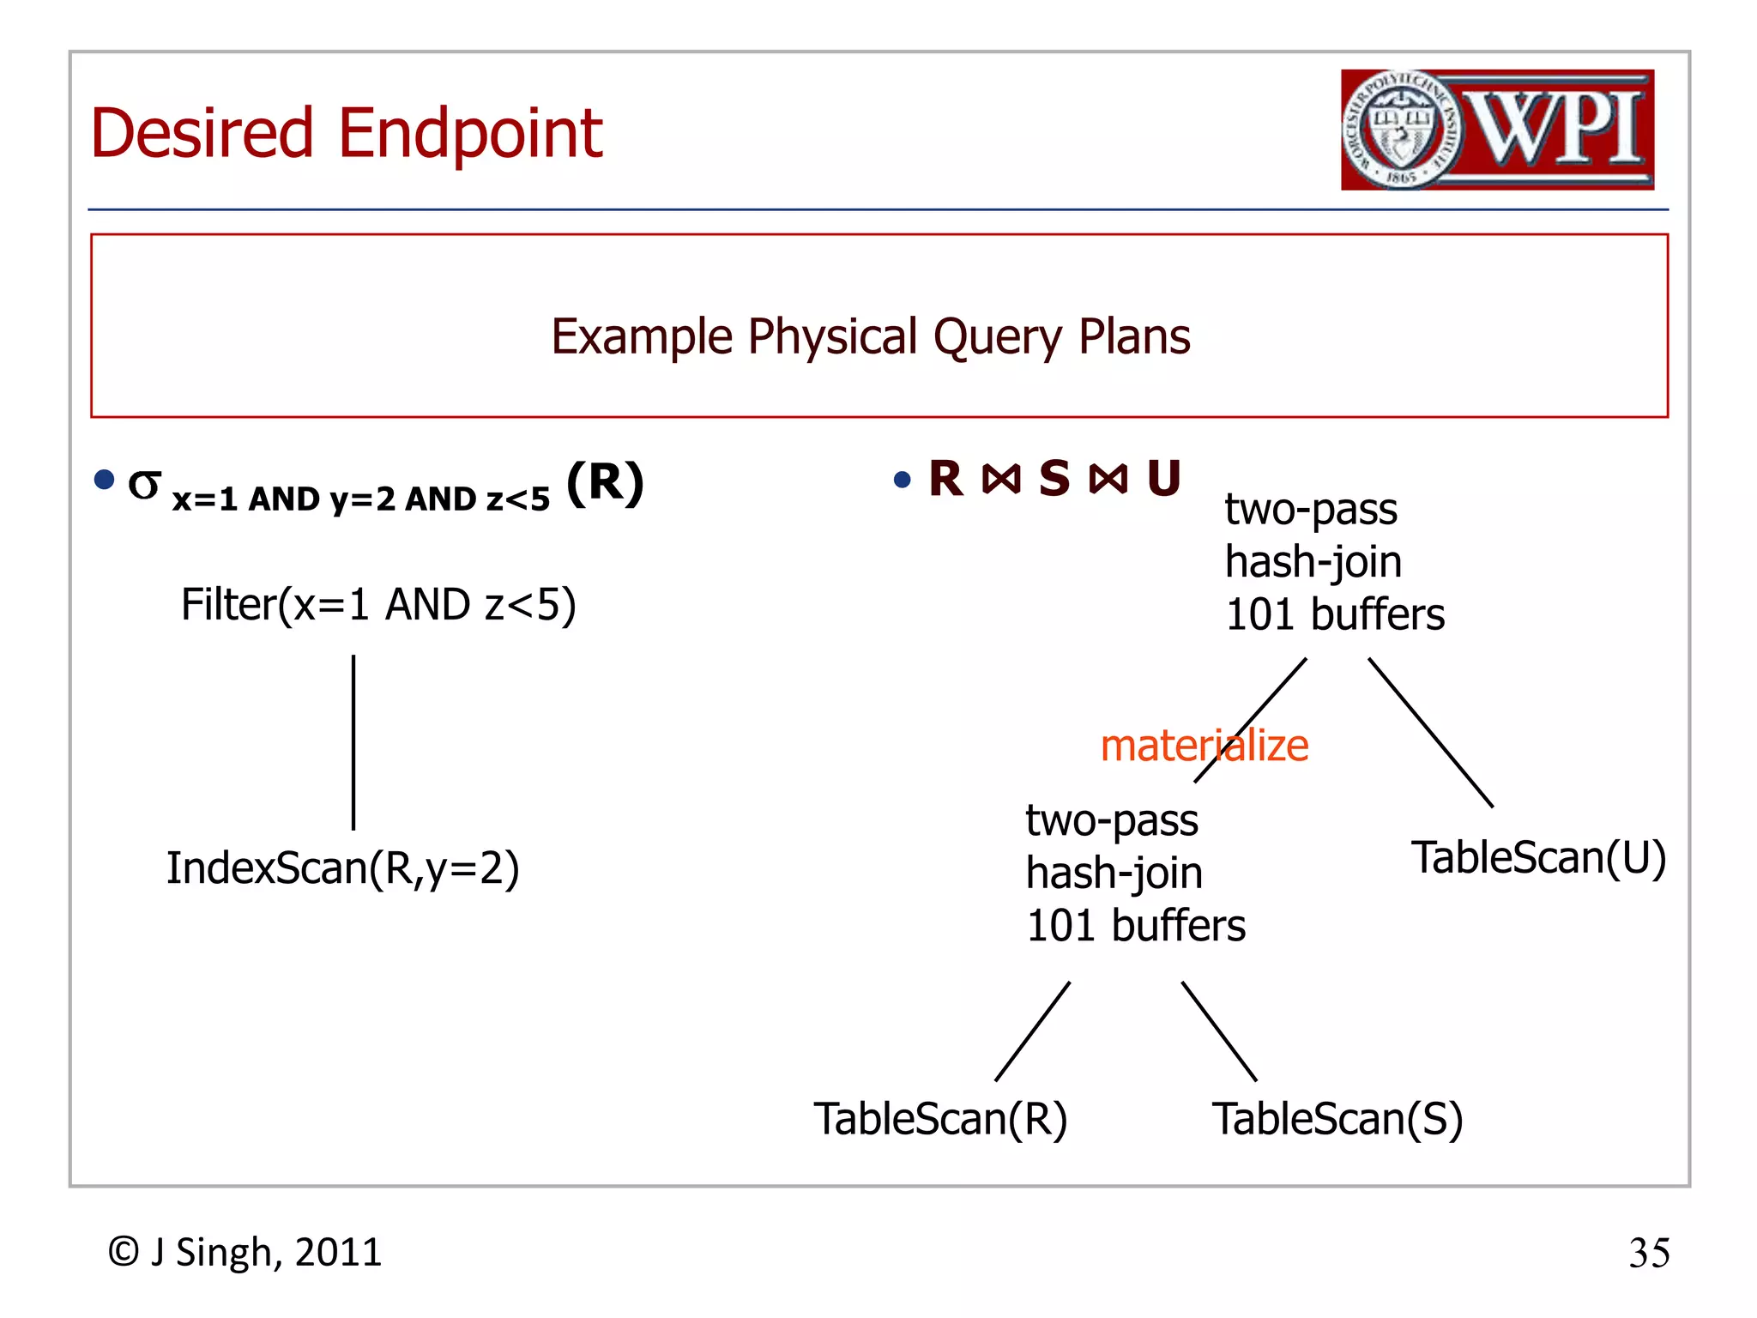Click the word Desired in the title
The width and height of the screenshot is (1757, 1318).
click(202, 134)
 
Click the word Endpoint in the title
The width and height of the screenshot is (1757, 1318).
click(470, 136)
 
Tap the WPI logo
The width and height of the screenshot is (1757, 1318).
click(1497, 130)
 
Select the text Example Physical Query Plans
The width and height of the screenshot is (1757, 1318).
click(870, 336)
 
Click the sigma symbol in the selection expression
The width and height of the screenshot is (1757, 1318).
click(144, 486)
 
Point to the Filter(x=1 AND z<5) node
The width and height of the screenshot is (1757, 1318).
click(378, 605)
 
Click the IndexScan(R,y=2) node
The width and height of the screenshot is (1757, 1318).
click(343, 868)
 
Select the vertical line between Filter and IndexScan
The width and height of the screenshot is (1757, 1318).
click(353, 742)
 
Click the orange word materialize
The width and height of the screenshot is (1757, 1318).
click(1204, 746)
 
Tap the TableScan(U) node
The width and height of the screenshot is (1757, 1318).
click(1538, 858)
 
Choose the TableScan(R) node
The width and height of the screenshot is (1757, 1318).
click(940, 1119)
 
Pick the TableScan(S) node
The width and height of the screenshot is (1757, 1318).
click(1337, 1119)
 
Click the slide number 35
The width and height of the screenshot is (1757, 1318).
click(1649, 1254)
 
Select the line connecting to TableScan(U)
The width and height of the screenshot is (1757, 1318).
click(1430, 732)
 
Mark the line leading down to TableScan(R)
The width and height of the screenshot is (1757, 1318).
click(1032, 1031)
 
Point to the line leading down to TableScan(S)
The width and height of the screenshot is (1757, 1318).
click(1219, 1031)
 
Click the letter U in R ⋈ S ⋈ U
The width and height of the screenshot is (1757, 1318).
click(1164, 479)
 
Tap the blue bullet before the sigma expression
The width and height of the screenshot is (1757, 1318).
click(105, 480)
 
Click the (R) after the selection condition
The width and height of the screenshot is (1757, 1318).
click(605, 482)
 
